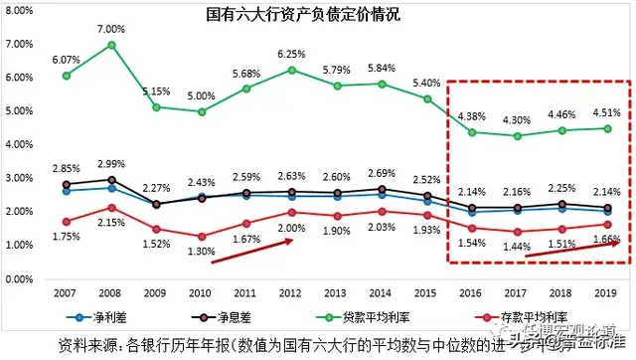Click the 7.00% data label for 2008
pyautogui.click(x=111, y=29)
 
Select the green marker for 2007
pyautogui.click(x=66, y=76)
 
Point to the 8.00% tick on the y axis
pyautogui.click(x=22, y=15)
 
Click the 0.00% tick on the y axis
pyautogui.click(x=22, y=279)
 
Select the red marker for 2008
pyautogui.click(x=111, y=208)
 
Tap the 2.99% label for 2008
pyautogui.click(x=111, y=164)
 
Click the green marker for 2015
pyautogui.click(x=425, y=98)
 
